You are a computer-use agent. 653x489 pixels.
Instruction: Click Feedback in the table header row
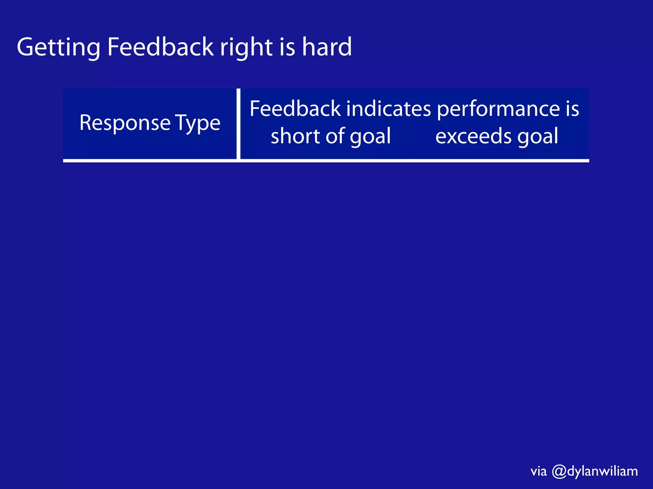pyautogui.click(x=295, y=109)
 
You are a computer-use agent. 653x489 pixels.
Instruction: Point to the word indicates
pyautogui.click(x=388, y=109)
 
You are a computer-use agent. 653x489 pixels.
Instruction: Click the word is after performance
pyautogui.click(x=572, y=109)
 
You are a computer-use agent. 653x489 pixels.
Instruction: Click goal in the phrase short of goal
pyautogui.click(x=370, y=136)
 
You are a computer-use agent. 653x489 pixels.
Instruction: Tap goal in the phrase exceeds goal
pyautogui.click(x=538, y=136)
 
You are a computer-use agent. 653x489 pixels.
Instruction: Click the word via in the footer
pyautogui.click(x=539, y=471)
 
